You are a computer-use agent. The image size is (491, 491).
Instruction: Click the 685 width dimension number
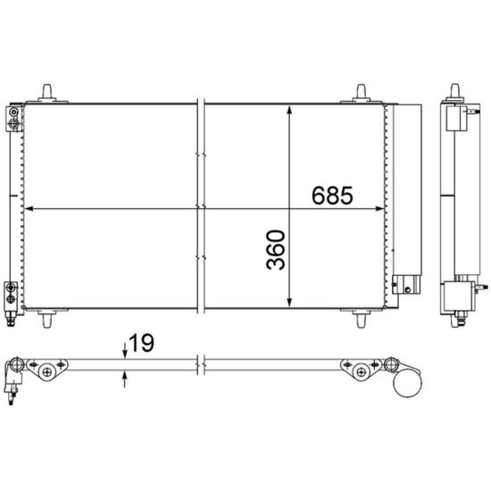[x=332, y=196]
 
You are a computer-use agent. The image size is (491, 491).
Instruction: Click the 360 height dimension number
[x=276, y=250]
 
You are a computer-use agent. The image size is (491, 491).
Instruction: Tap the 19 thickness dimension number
[x=141, y=343]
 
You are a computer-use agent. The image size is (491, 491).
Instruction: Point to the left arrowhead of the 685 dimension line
[x=29, y=209]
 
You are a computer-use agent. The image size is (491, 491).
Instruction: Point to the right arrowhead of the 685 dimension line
[x=379, y=209]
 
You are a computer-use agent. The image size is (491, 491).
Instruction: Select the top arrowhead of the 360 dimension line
[x=289, y=110]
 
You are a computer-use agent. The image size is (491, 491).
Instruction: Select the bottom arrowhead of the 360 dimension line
[x=289, y=303]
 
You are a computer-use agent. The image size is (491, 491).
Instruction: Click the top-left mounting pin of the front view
[x=47, y=93]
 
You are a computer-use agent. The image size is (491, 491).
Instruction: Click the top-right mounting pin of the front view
[x=361, y=93]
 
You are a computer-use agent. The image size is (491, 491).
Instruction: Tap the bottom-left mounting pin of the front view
[x=47, y=319]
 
